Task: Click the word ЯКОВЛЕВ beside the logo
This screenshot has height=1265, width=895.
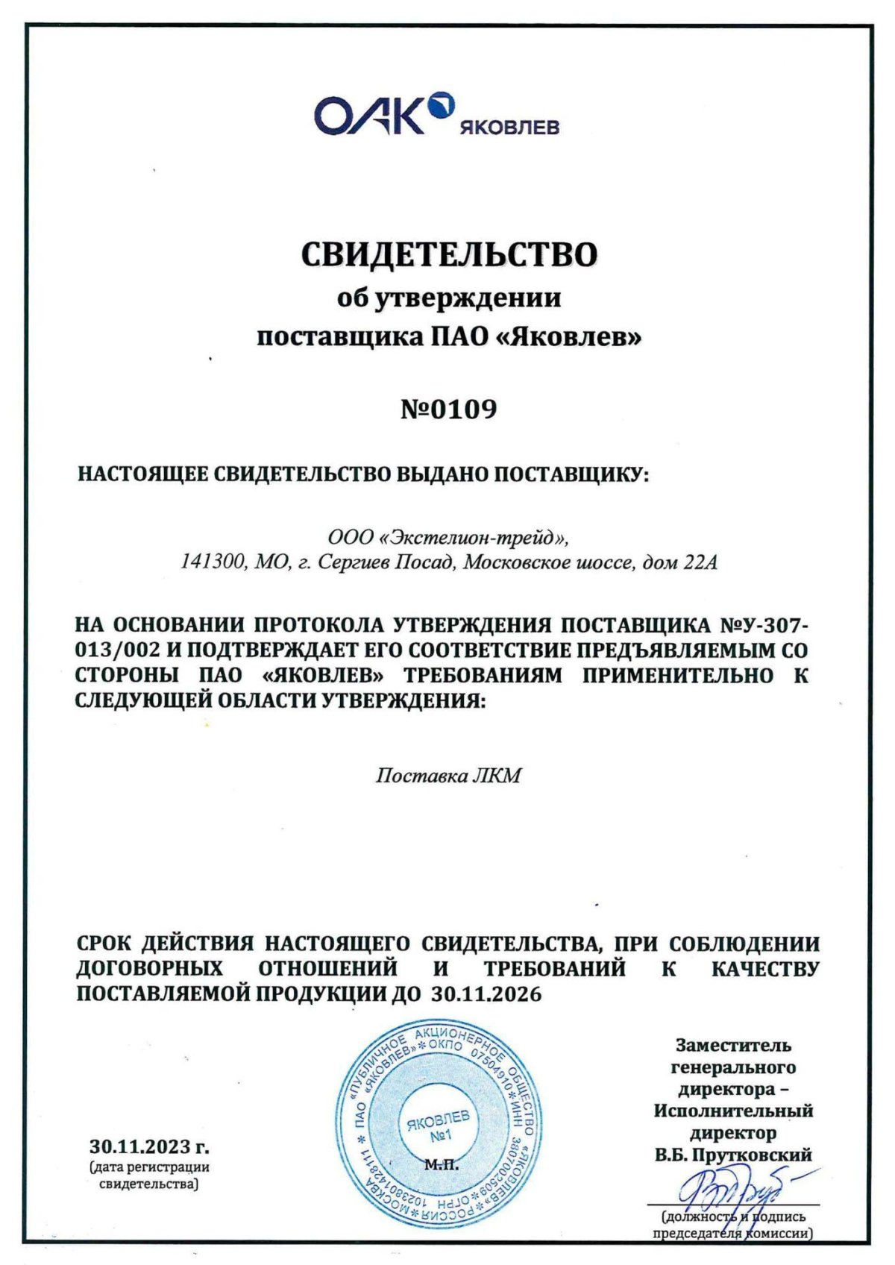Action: [x=509, y=128]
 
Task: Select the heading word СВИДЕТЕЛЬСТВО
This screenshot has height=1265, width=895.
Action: [x=449, y=254]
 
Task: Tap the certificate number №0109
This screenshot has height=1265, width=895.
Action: [x=448, y=409]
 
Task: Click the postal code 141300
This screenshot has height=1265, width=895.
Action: [x=212, y=562]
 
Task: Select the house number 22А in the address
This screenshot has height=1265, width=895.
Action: [x=700, y=562]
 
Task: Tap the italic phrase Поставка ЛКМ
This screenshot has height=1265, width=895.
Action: [x=447, y=776]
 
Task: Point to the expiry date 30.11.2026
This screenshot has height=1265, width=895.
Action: [x=486, y=995]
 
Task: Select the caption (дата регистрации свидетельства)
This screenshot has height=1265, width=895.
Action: [x=149, y=1175]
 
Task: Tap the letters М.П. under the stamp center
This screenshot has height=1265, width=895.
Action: [x=442, y=1164]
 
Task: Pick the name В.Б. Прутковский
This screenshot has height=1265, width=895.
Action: [x=733, y=1155]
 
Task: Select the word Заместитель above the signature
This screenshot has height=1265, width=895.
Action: [x=733, y=1046]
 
